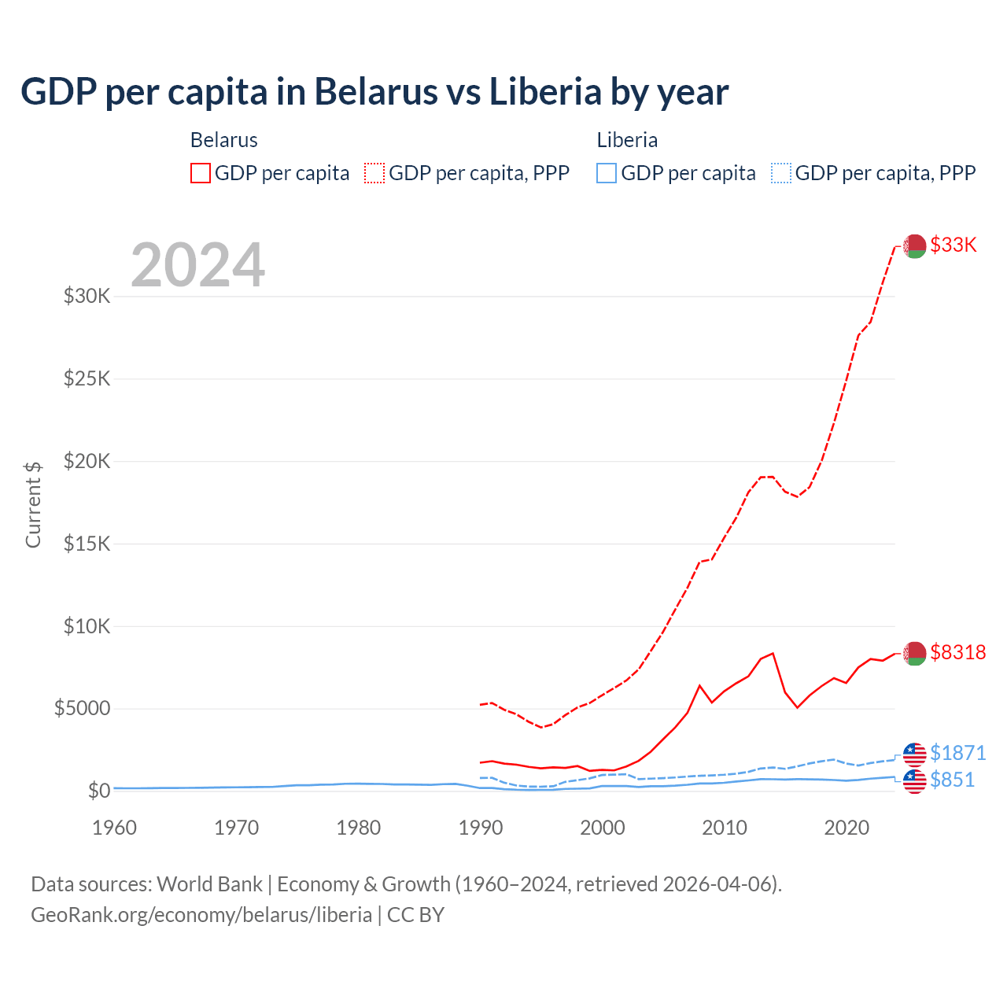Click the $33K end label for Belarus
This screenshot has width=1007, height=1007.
pyautogui.click(x=953, y=245)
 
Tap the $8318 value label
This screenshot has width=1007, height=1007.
pyautogui.click(x=957, y=652)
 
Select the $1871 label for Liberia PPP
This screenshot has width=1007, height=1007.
pyautogui.click(x=957, y=753)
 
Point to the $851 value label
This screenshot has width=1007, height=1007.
pyautogui.click(x=952, y=780)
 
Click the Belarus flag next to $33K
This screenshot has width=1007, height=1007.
pyautogui.click(x=914, y=246)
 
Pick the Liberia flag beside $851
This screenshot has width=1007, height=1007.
pyautogui.click(x=914, y=781)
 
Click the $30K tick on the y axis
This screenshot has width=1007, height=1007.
pyautogui.click(x=87, y=297)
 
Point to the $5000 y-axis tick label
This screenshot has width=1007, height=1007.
pyautogui.click(x=82, y=708)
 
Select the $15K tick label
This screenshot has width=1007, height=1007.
pyautogui.click(x=87, y=544)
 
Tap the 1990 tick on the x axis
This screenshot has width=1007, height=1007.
pyautogui.click(x=480, y=828)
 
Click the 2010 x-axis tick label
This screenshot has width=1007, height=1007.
pyautogui.click(x=724, y=828)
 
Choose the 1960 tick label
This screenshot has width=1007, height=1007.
pyautogui.click(x=114, y=828)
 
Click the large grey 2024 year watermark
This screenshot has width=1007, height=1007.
pyautogui.click(x=197, y=265)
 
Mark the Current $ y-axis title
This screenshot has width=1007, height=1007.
pyautogui.click(x=33, y=504)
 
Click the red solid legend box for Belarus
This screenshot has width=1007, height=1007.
pyautogui.click(x=201, y=173)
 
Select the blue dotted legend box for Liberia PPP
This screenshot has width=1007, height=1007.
pyautogui.click(x=780, y=173)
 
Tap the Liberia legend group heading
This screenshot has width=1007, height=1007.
pyautogui.click(x=627, y=140)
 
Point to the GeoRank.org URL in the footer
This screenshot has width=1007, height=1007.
pyautogui.click(x=201, y=914)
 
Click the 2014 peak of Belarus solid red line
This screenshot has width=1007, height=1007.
pyautogui.click(x=773, y=653)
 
